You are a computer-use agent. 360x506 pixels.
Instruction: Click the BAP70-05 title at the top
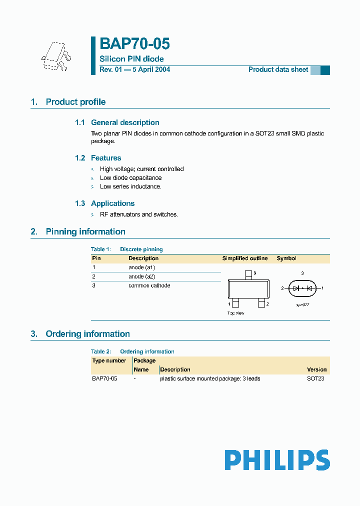134,44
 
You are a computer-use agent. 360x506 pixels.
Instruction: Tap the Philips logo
277,460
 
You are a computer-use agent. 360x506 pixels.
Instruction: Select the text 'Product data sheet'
278,69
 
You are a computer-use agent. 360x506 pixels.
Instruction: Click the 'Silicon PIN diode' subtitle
131,59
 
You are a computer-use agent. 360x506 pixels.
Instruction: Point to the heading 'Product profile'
75,102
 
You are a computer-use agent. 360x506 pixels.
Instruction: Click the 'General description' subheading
125,122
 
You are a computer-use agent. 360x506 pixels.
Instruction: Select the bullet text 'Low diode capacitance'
130,178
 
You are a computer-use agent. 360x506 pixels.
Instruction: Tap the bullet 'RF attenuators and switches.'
138,214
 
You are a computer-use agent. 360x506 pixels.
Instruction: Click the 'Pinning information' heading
85,231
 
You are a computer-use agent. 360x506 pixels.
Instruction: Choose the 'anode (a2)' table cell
142,276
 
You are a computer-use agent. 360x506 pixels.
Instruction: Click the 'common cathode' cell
149,285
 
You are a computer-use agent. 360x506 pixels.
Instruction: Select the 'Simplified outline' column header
244,258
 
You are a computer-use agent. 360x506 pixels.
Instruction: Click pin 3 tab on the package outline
248,275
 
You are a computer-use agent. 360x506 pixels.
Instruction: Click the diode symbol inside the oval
302,288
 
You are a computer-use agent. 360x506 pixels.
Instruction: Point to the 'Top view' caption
236,313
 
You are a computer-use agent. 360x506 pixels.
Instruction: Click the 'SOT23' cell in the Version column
315,378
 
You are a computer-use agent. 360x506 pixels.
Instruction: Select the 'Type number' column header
109,360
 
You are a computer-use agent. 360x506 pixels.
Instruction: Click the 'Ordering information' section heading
87,334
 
